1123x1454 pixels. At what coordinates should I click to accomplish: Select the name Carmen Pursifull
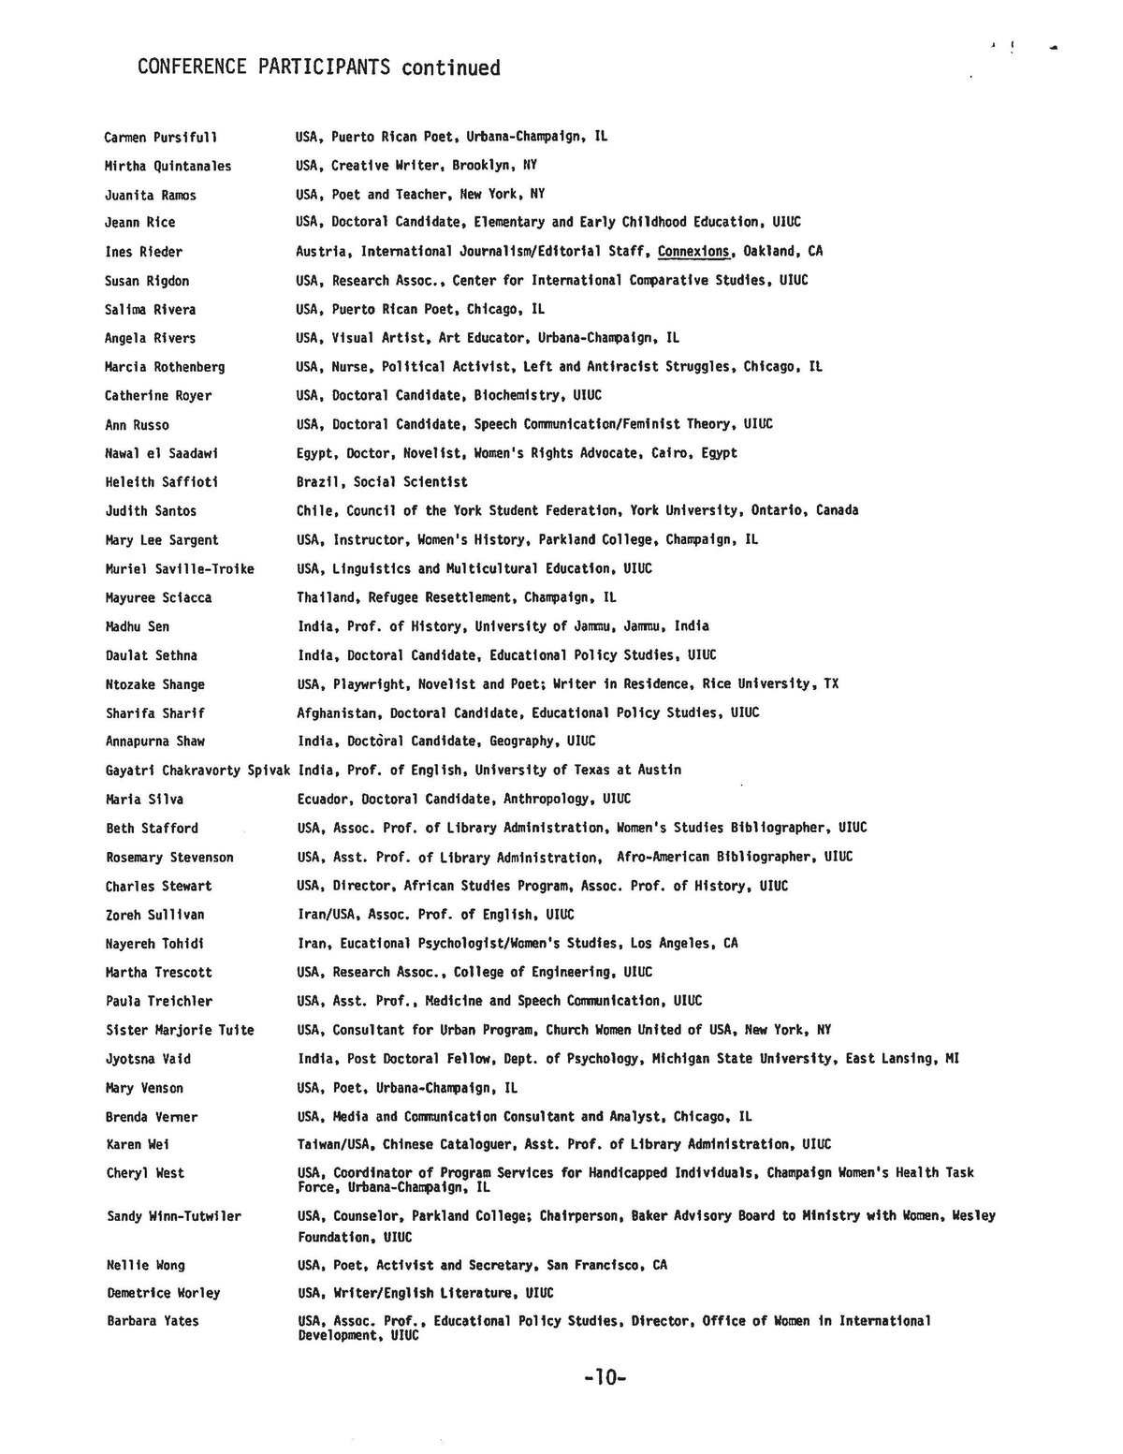[x=161, y=138]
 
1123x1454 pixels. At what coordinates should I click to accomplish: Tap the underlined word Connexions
[x=693, y=251]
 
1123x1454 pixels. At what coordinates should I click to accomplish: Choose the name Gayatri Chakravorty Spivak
[x=198, y=771]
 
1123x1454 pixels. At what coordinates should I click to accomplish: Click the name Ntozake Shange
[x=155, y=684]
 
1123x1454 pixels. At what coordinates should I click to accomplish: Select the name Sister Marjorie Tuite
[x=180, y=1030]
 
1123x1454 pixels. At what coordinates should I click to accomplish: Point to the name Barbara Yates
[x=153, y=1321]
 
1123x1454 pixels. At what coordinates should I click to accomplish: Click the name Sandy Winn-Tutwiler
[x=174, y=1216]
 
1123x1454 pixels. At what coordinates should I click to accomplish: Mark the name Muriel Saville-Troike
[x=180, y=568]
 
